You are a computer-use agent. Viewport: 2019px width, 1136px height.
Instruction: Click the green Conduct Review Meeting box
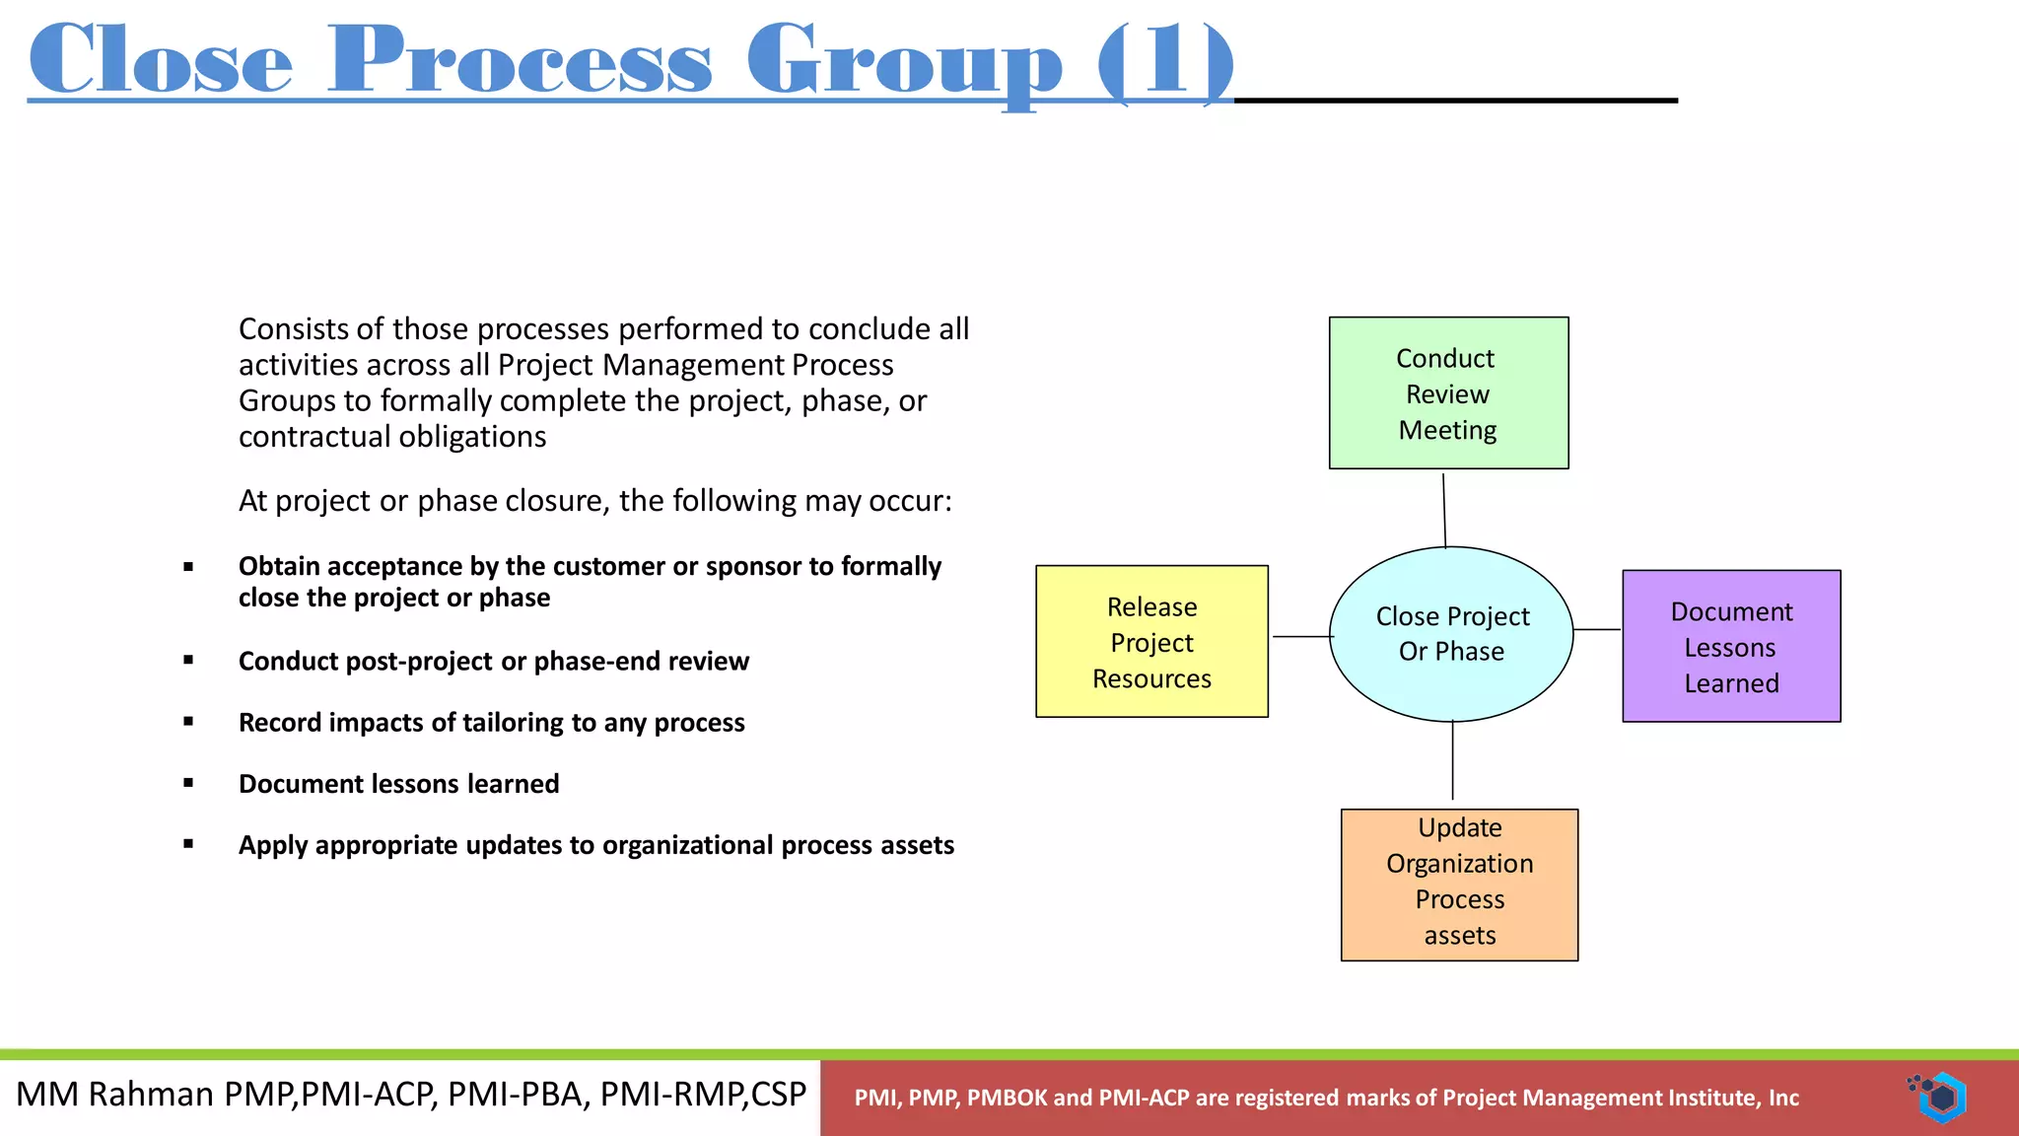[1448, 392]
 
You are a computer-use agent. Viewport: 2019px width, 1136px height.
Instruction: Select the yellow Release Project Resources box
[1151, 641]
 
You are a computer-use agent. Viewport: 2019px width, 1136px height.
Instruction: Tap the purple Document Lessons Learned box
[1731, 646]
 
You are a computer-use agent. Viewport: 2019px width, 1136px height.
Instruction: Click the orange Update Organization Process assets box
[1459, 885]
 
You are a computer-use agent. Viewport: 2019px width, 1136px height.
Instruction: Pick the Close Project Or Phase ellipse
[1451, 634]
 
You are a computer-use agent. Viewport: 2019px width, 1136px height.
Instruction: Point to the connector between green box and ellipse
[1444, 510]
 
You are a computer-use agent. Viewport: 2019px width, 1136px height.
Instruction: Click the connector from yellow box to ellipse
[1301, 636]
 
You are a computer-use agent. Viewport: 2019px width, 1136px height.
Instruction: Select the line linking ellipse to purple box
[1597, 629]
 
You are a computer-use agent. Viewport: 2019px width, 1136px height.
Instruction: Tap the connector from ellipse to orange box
[1452, 760]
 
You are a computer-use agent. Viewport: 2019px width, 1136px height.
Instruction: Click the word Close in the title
[161, 61]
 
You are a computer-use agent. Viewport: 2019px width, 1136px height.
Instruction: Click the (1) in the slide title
[1165, 61]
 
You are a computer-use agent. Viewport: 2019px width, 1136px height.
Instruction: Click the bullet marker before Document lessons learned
[188, 783]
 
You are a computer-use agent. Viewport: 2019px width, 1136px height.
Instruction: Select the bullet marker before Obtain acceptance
[188, 566]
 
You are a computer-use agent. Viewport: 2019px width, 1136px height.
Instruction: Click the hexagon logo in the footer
[1941, 1097]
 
